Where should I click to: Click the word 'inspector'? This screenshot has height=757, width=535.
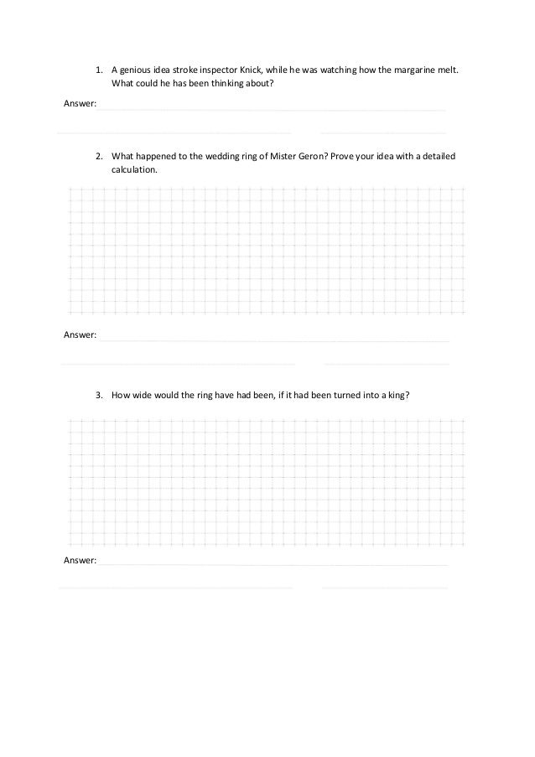[x=214, y=70]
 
